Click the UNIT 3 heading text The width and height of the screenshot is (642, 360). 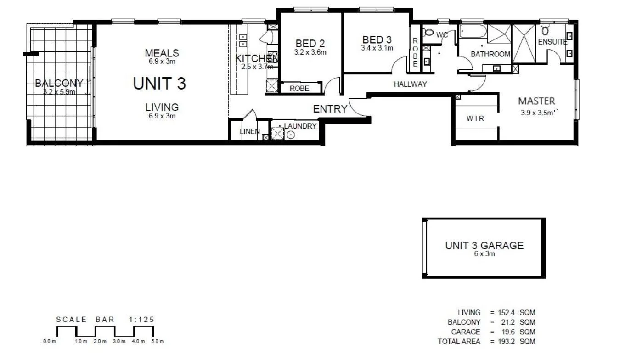159,84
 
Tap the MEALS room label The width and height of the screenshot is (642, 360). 162,53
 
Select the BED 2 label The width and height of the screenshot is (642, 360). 310,44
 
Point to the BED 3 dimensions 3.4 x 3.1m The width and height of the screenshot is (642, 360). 377,48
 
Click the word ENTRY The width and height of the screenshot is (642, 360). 330,109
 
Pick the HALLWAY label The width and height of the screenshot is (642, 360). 410,84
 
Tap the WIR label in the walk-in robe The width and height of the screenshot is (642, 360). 475,118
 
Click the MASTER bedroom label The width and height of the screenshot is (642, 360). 536,101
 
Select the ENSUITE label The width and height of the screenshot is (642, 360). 552,42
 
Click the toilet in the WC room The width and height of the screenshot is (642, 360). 428,33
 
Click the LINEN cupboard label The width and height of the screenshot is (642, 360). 250,132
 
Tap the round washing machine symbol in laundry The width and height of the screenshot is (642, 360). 291,135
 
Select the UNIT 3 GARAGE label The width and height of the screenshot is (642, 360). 484,245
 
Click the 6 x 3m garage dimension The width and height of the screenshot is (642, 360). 484,253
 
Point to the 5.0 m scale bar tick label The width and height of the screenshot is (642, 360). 157,341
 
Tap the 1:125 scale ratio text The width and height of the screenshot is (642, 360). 141,320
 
